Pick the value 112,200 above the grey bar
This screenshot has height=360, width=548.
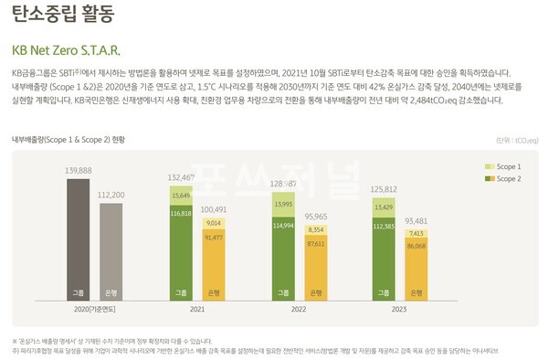point(111,196)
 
